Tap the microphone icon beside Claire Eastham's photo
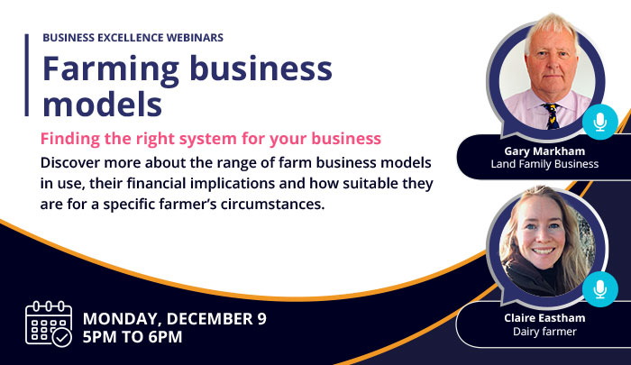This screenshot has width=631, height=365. pyautogui.click(x=599, y=287)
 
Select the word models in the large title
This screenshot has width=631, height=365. pyautogui.click(x=103, y=104)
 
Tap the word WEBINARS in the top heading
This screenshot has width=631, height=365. pyautogui.click(x=191, y=38)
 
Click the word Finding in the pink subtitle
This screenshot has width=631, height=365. pyautogui.click(x=69, y=140)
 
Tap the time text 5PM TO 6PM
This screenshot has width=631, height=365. pyautogui.click(x=133, y=338)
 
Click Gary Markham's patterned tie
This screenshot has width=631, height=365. pyautogui.click(x=551, y=114)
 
